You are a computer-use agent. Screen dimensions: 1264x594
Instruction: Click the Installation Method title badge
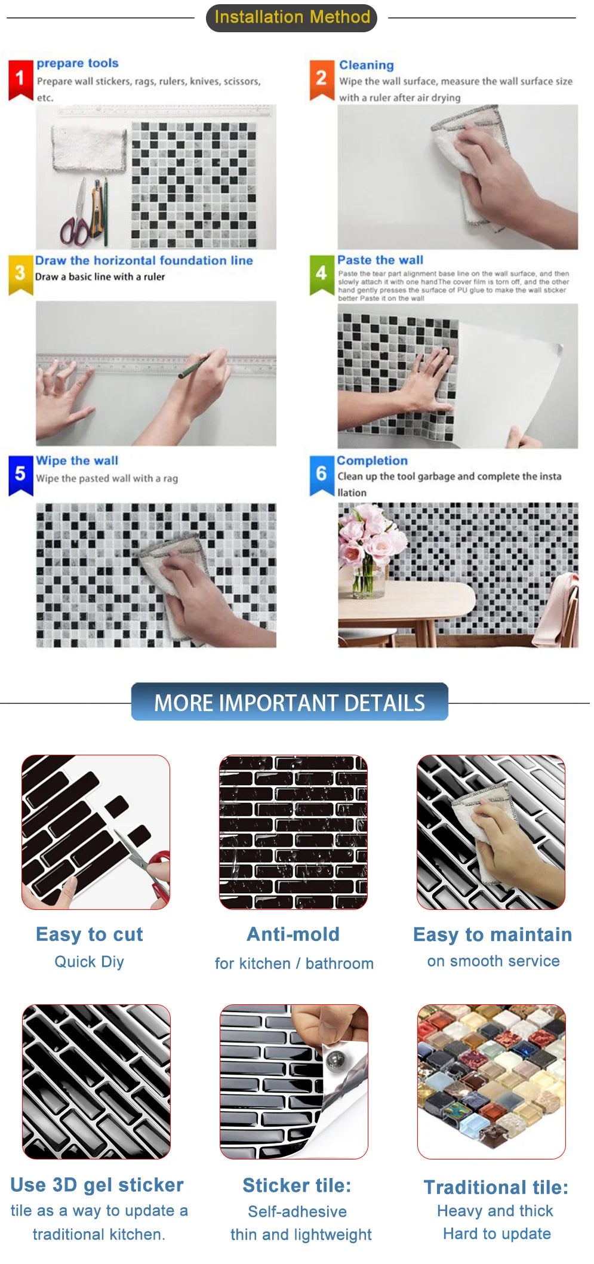click(291, 17)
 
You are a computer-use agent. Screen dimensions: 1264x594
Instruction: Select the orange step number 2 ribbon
click(321, 79)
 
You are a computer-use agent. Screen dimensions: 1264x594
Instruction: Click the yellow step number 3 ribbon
click(20, 274)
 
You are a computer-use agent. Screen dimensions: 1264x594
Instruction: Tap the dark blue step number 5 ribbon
click(20, 474)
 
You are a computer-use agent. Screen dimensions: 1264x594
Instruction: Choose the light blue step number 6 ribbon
click(321, 474)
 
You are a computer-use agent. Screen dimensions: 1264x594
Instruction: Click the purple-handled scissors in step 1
click(76, 222)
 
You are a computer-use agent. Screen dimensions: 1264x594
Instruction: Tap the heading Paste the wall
click(380, 260)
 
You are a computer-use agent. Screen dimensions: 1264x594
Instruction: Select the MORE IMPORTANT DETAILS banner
click(290, 702)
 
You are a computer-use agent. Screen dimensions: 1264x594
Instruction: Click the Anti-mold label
click(293, 934)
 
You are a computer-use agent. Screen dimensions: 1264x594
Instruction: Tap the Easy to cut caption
click(90, 934)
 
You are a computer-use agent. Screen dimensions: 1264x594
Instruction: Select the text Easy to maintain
click(493, 934)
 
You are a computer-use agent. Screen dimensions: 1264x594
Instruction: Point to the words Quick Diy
click(90, 962)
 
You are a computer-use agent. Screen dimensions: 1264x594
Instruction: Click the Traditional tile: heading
click(495, 1187)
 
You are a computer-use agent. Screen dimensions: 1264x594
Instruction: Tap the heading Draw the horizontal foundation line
click(144, 260)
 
